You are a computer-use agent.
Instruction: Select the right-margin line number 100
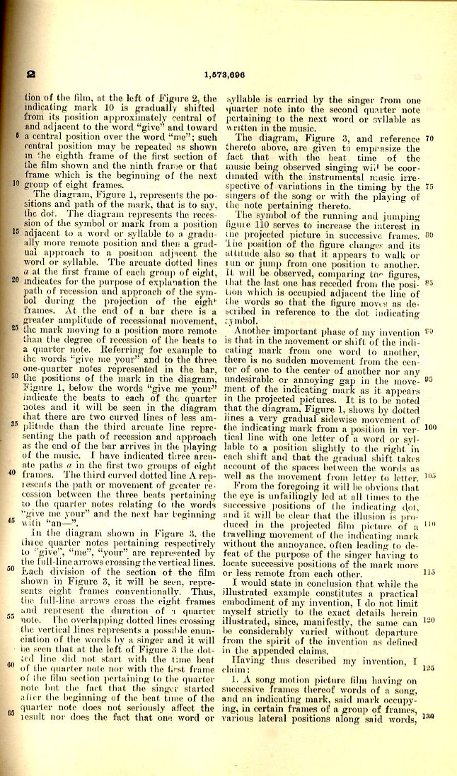(429, 428)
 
